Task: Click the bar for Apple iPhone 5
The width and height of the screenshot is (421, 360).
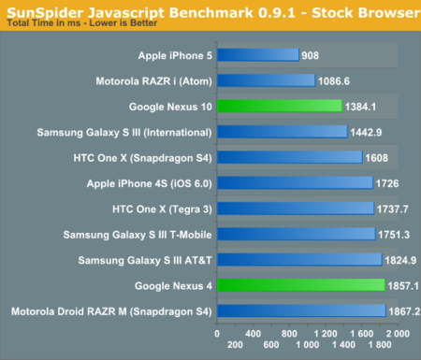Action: coord(257,55)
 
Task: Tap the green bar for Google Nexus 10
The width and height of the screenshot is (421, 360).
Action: coord(279,106)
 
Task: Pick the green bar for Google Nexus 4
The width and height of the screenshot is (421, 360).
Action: coord(300,284)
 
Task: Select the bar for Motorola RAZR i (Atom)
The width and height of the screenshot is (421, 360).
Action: coord(266,80)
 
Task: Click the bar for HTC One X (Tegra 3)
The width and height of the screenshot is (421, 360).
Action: coord(295,208)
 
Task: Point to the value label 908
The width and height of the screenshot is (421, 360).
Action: coord(312,55)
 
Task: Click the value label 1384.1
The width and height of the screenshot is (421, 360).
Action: coord(363,107)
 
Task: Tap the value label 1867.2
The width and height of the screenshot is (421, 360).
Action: coord(404,310)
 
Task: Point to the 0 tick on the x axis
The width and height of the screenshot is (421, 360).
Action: coord(217,332)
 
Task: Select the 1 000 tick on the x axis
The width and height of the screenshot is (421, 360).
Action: coord(306,332)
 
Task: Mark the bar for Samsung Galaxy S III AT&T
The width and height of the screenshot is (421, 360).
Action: coord(298,259)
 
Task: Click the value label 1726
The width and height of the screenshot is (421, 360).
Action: coord(387,182)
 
